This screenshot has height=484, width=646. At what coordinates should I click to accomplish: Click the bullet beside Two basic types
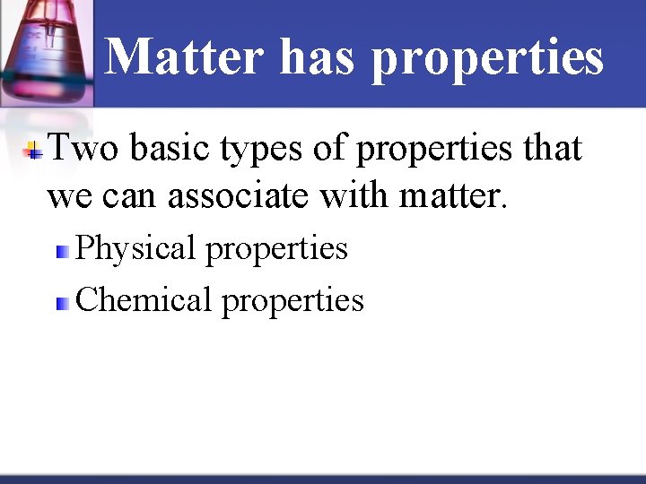(33, 151)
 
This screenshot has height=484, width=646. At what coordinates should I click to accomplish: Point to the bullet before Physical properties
(62, 252)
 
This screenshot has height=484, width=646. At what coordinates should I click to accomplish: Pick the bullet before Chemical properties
(62, 303)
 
